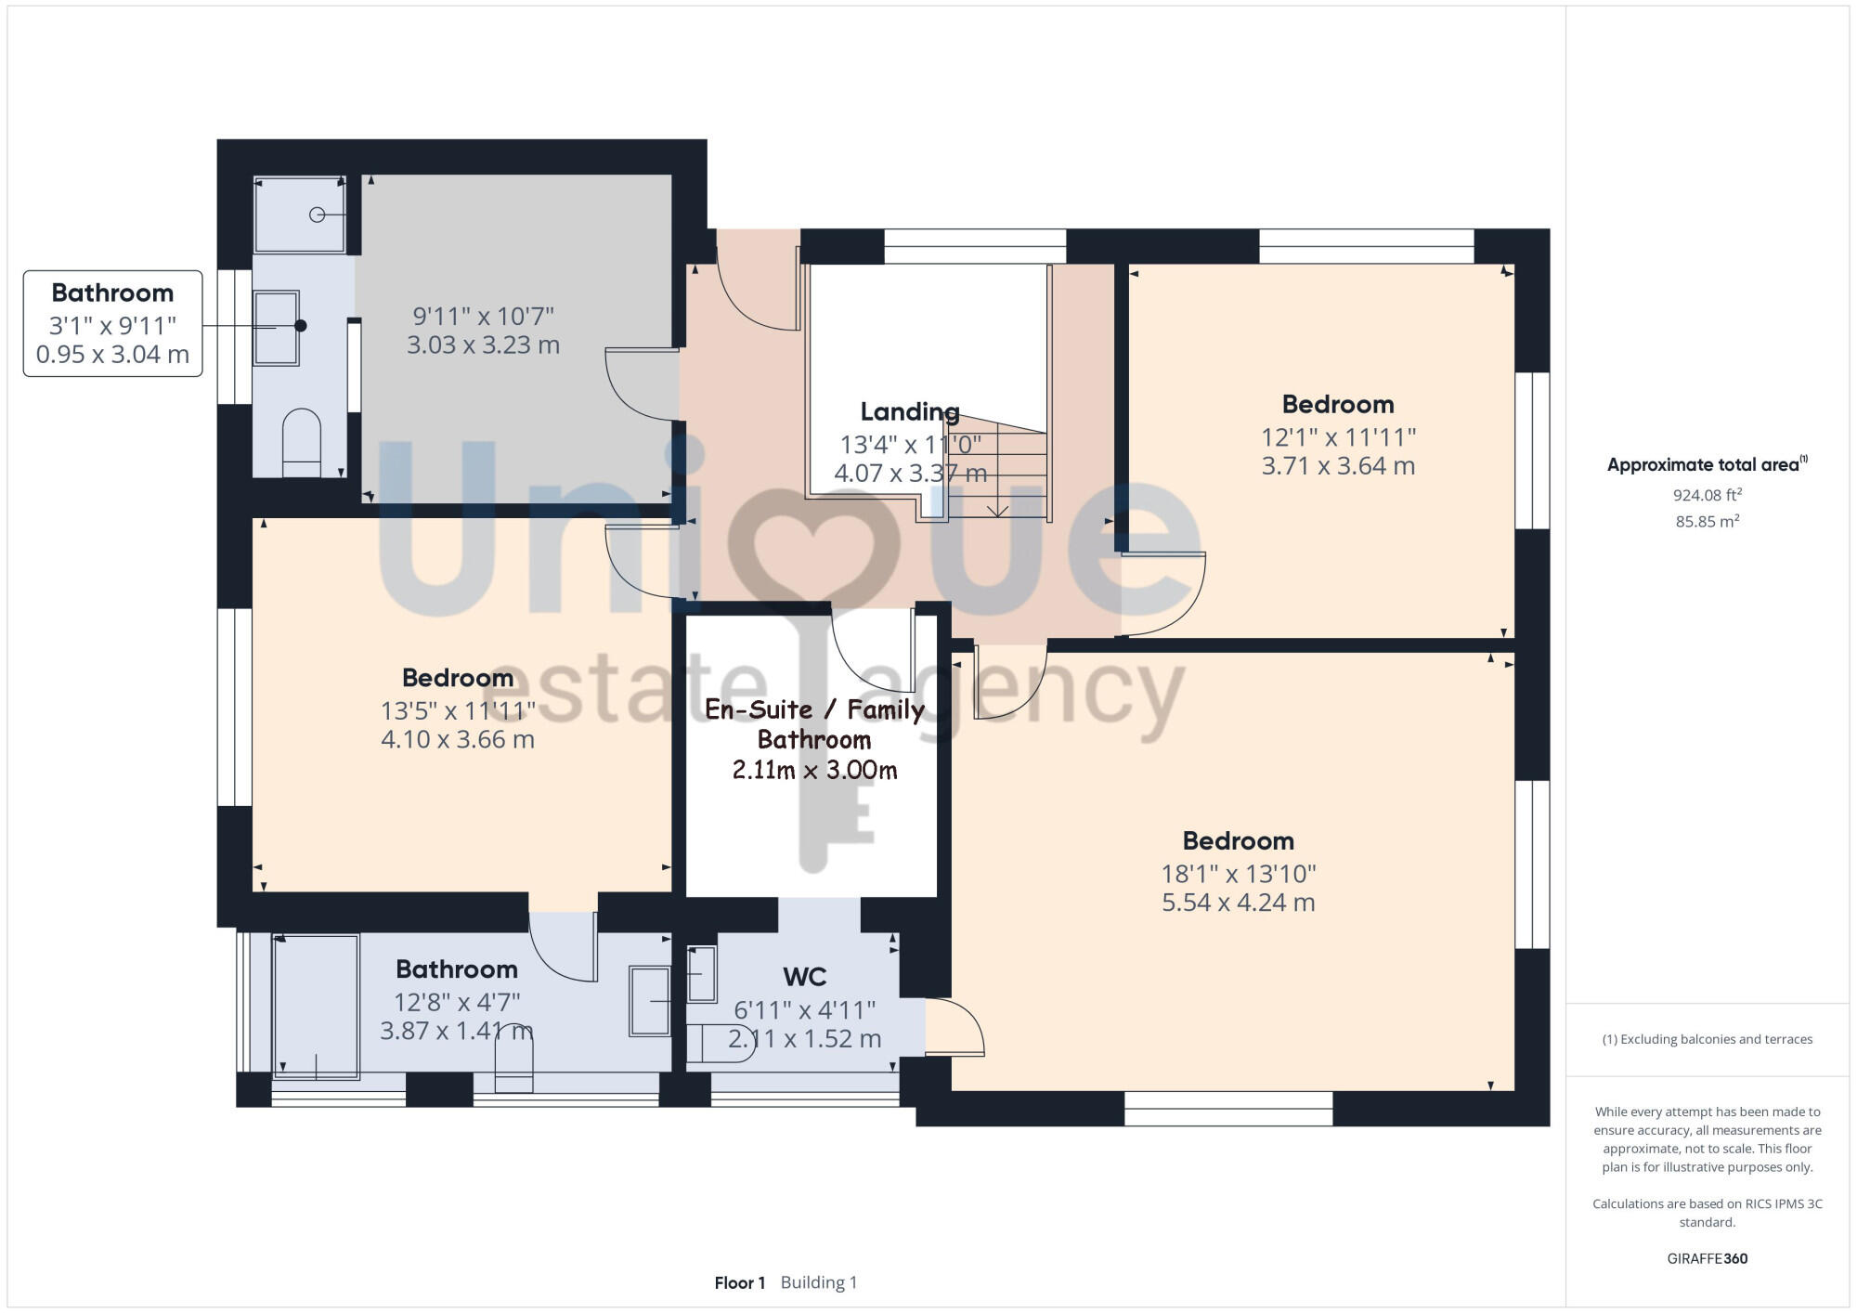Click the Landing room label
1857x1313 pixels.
(909, 411)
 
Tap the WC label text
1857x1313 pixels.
(804, 977)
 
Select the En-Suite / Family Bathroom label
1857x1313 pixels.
(814, 724)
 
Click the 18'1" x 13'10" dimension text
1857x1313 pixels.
(1238, 873)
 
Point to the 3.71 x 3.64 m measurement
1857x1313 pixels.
(1337, 466)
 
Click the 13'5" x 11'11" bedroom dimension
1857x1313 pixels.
(458, 710)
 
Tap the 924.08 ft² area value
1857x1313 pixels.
(1707, 495)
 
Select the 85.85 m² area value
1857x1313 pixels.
(1707, 522)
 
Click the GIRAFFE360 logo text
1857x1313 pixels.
(1707, 1259)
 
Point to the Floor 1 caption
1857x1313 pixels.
(739, 1282)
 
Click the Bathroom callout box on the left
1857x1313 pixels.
(112, 323)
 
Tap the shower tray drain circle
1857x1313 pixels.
(317, 214)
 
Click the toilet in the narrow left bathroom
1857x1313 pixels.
(301, 440)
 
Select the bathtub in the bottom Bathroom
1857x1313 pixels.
(316, 1006)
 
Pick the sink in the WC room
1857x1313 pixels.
(701, 974)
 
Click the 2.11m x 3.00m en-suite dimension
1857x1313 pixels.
(814, 770)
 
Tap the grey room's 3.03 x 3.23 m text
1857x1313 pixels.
(483, 345)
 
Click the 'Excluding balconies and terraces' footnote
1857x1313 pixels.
(1707, 1039)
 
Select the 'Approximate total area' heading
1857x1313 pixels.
(1707, 465)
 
